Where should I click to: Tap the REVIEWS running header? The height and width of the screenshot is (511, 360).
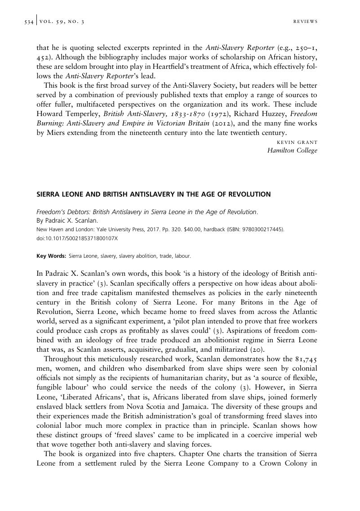pos(305,22)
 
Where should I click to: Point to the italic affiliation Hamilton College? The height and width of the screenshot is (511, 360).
pos(292,151)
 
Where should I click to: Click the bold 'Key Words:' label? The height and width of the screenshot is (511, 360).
pos(51,256)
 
